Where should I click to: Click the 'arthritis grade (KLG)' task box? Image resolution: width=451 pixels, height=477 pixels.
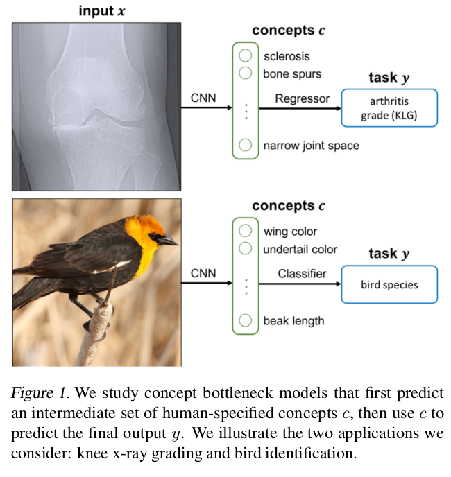tap(389, 107)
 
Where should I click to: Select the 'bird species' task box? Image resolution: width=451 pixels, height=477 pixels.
tap(389, 284)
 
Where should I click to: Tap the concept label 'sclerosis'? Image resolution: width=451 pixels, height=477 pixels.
tap(287, 55)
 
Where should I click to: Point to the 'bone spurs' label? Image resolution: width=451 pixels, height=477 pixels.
tap(292, 73)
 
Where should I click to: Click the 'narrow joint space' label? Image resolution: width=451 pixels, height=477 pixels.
tap(311, 146)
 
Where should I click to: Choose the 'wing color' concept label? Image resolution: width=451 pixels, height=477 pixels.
tap(290, 232)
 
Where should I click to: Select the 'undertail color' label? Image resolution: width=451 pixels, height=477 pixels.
tap(300, 249)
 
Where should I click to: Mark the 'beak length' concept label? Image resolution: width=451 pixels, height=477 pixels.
tap(293, 321)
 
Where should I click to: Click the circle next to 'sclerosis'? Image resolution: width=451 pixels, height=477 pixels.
tap(245, 55)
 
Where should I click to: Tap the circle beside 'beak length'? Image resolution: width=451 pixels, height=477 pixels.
tap(245, 321)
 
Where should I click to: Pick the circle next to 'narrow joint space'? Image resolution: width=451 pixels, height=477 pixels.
tap(245, 146)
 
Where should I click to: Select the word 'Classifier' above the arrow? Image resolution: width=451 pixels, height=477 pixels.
tap(302, 274)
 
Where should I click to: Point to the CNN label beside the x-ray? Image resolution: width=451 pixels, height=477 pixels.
tap(203, 98)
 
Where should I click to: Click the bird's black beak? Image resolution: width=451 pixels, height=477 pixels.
tap(169, 241)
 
